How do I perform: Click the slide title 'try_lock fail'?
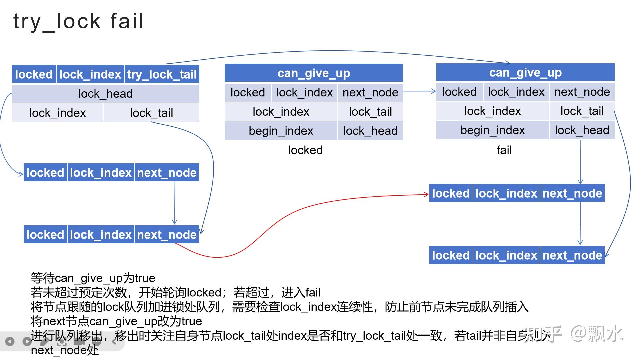coord(79,22)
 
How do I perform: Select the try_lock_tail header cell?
coord(162,74)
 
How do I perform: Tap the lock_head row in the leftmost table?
coord(105,94)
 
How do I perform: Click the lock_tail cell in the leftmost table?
coord(151,113)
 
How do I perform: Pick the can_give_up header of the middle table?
coord(314,73)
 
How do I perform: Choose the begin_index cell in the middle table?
coord(281,131)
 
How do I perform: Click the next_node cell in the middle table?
coord(370,92)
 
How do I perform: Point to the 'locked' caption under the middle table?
coord(305,150)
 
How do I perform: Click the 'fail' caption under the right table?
coord(504,150)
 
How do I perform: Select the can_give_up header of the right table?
coord(525,72)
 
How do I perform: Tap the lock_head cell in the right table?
coord(582,130)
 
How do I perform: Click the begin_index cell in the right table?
coord(492,130)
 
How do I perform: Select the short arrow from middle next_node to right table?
coord(419,91)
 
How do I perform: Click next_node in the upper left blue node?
coord(167,173)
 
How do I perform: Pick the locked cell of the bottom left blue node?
coord(45,235)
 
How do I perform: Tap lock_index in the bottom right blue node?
coord(506,255)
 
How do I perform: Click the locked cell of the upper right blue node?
coord(451,193)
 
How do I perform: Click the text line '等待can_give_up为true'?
coord(93,278)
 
